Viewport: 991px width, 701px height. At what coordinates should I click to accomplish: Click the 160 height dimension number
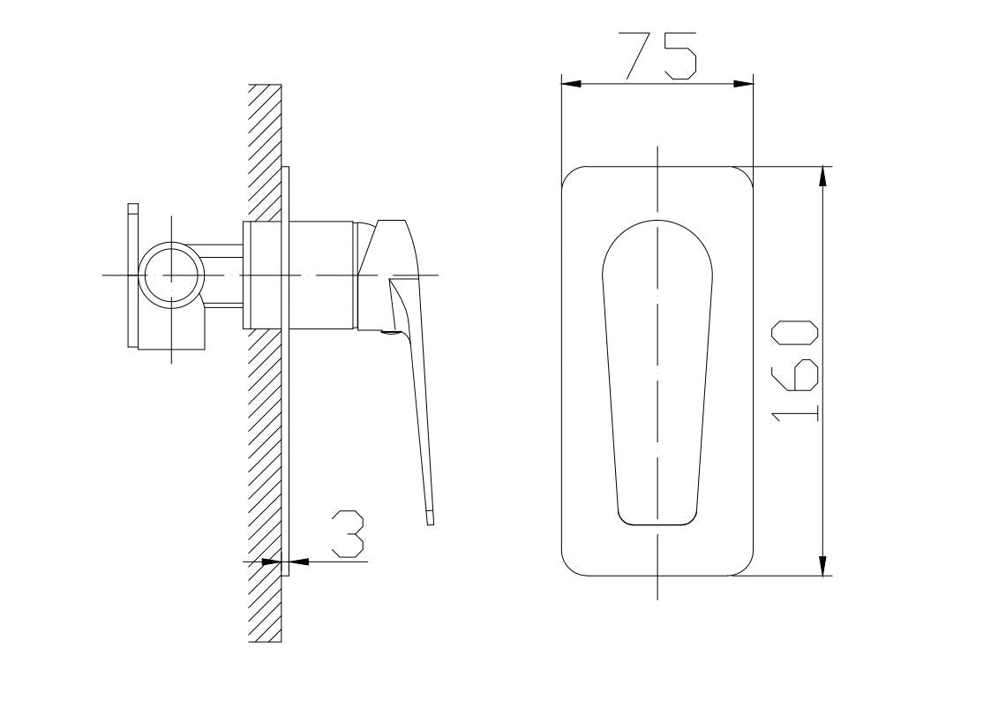795,371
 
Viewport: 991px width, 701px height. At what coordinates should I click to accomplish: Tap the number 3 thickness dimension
349,535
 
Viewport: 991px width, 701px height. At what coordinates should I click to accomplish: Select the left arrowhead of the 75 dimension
571,84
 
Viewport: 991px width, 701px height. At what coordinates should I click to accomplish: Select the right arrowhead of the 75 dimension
744,84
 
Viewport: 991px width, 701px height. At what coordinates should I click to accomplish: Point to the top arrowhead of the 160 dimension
822,177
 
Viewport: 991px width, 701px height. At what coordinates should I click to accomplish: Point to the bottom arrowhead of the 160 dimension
822,566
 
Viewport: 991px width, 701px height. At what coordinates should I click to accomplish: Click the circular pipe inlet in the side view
172,275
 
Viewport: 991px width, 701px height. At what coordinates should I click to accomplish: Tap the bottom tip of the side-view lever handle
430,524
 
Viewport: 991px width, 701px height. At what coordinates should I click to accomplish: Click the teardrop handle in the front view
657,373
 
